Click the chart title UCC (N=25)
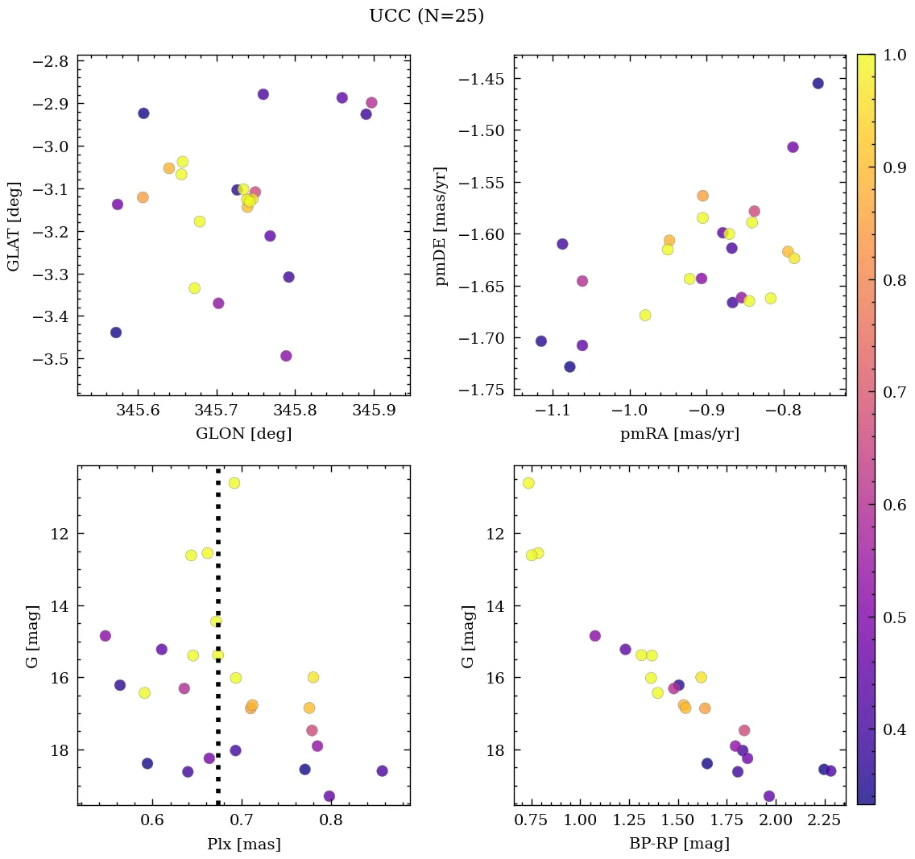426,16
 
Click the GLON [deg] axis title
243,434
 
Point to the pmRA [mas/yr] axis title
679,434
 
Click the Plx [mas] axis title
243,844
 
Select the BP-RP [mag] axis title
679,844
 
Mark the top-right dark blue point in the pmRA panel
818,83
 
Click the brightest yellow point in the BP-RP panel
528,483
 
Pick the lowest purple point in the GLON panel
286,356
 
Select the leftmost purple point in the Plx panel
105,636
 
